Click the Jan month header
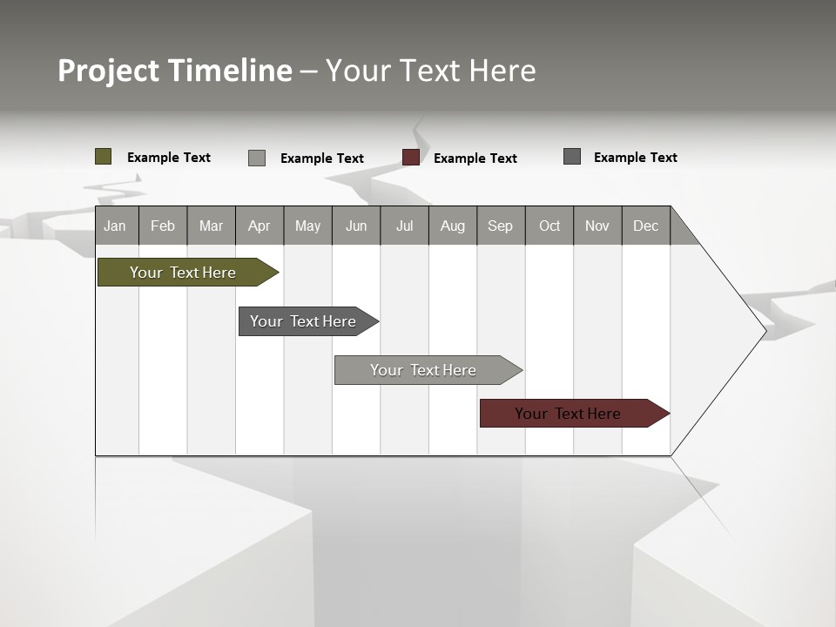tap(116, 226)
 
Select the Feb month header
tap(163, 226)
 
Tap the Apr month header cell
tap(260, 226)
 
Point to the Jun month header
tap(356, 226)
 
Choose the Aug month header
tap(453, 226)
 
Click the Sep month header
tap(501, 226)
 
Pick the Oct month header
tap(549, 226)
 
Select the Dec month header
tap(646, 226)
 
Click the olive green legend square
tap(104, 157)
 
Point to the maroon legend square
tap(411, 157)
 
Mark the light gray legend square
tap(257, 158)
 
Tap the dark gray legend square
tap(572, 157)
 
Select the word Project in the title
tap(109, 71)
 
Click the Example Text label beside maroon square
tap(475, 158)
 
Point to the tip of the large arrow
tap(765, 331)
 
